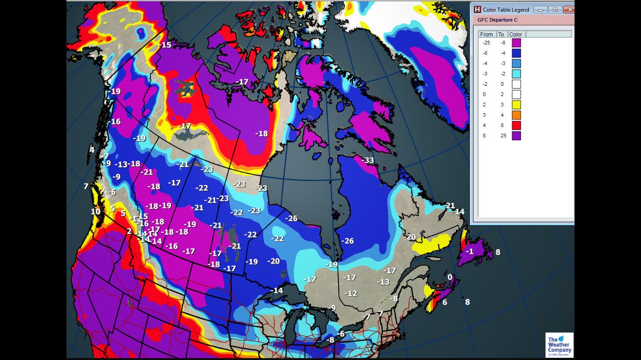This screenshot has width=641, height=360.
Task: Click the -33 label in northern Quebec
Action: pyautogui.click(x=368, y=160)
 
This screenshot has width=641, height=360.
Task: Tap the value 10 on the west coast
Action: pyautogui.click(x=96, y=212)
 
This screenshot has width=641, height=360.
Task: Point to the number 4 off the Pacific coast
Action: pyautogui.click(x=92, y=150)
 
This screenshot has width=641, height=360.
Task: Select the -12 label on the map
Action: pyautogui.click(x=351, y=293)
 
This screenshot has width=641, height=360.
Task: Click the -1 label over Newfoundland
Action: pyautogui.click(x=469, y=251)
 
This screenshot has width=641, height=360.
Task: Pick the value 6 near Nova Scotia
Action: pyautogui.click(x=445, y=303)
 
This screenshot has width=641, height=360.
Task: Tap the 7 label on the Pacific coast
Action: pyautogui.click(x=86, y=186)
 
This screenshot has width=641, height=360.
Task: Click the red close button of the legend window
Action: pyautogui.click(x=569, y=9)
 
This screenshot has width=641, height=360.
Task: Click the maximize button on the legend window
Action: pyautogui.click(x=555, y=9)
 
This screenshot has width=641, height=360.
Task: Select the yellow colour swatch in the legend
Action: pyautogui.click(x=516, y=105)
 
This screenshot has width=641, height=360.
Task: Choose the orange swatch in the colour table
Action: pyautogui.click(x=516, y=115)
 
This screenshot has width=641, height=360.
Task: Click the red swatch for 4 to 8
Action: pyautogui.click(x=516, y=125)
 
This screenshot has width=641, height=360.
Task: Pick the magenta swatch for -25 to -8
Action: pyautogui.click(x=516, y=43)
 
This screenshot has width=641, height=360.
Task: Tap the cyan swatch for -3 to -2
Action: pyautogui.click(x=516, y=74)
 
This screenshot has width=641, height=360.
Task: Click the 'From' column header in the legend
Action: pyautogui.click(x=486, y=34)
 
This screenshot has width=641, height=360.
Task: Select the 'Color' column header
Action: pyautogui.click(x=516, y=34)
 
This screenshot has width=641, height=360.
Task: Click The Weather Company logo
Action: pyautogui.click(x=559, y=345)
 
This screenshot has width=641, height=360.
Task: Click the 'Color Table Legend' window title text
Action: pyautogui.click(x=506, y=9)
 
